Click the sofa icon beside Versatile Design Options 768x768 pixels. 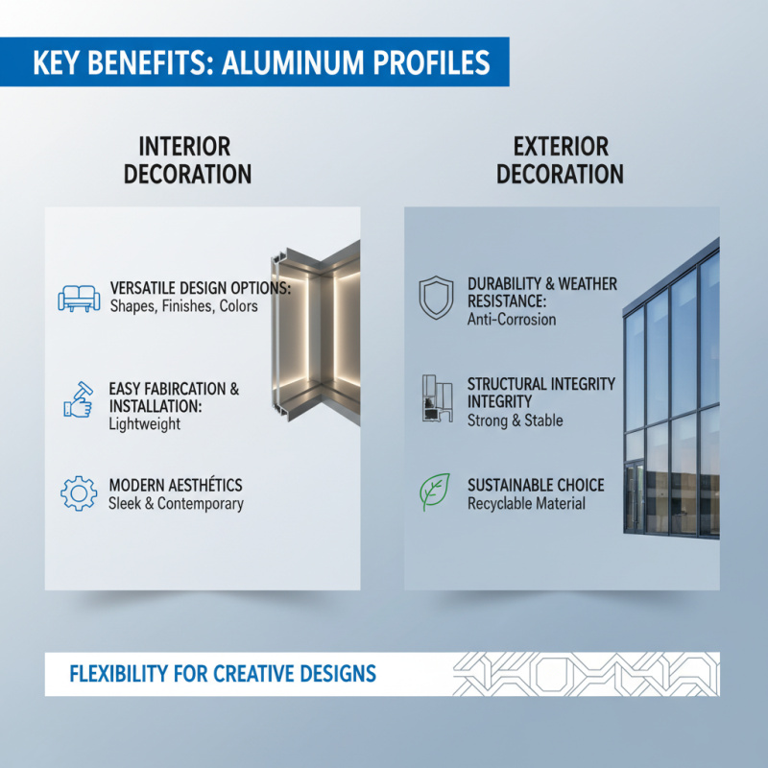click(x=79, y=298)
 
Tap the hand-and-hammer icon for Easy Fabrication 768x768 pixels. click(x=78, y=398)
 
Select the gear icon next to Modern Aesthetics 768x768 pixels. click(x=79, y=492)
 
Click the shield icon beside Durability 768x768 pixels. click(x=436, y=298)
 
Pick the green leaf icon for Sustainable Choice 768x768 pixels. click(x=436, y=492)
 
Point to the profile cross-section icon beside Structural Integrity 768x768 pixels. click(x=436, y=398)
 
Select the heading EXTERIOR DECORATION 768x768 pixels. click(x=561, y=160)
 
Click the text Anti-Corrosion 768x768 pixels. click(x=512, y=320)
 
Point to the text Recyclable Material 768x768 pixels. click(x=526, y=504)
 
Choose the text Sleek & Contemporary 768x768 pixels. click(x=176, y=504)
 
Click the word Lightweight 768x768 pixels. click(x=144, y=423)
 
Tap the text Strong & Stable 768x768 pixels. click(x=515, y=420)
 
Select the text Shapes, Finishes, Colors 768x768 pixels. click(x=183, y=307)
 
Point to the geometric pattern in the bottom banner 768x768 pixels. click(x=585, y=674)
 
